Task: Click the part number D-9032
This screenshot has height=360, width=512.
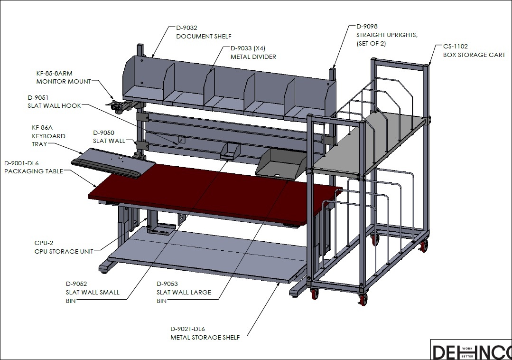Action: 187,28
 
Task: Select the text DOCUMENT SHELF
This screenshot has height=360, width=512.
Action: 204,36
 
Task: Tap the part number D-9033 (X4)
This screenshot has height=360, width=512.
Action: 248,48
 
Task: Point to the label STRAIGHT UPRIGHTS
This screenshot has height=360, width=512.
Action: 387,35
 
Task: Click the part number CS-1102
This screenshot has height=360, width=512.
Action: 455,47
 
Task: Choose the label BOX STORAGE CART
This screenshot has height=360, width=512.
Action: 474,55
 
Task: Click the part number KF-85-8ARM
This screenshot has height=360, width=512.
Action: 54,73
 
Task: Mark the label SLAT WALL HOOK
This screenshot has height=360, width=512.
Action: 54,105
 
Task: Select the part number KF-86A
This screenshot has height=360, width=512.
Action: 42,128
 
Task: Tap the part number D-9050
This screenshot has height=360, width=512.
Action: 104,133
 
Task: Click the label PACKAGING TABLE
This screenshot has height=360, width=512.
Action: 34,171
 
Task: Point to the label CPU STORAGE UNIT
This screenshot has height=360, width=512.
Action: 64,251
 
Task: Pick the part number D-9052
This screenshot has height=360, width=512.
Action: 76,284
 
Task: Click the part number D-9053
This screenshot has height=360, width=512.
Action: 167,284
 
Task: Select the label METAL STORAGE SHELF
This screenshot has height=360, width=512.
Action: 205,338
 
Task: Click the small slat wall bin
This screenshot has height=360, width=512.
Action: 230,151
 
